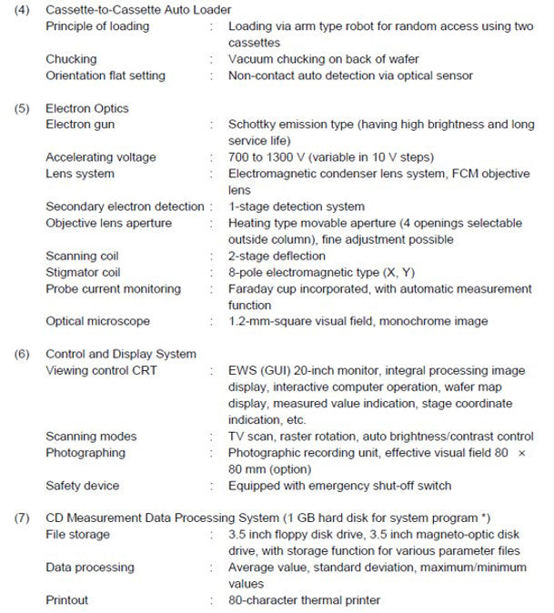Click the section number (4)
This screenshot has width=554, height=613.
point(21,9)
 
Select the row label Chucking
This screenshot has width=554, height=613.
point(71,59)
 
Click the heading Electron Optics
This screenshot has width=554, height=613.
point(87,109)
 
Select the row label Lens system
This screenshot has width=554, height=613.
point(80,174)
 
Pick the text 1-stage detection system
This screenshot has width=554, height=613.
point(296,206)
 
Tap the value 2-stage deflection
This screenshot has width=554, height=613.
point(277,256)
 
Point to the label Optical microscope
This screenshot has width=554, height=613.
point(98,321)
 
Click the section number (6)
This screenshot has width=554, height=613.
point(21,354)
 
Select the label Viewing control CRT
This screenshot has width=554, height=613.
point(102,371)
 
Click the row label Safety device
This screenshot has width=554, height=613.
point(83,486)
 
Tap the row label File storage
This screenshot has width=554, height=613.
point(77,535)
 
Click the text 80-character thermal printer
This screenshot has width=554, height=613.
point(305,600)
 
